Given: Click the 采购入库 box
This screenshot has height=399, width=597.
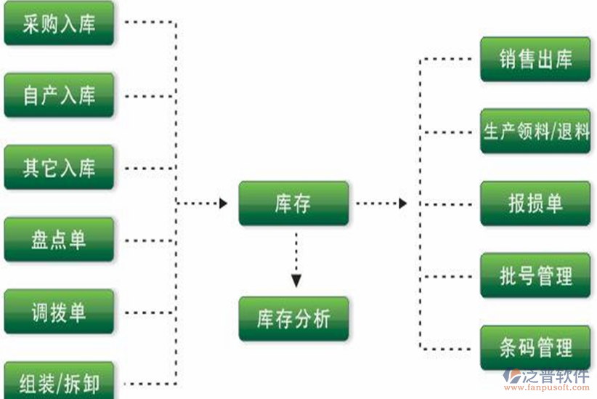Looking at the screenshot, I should pyautogui.click(x=59, y=23).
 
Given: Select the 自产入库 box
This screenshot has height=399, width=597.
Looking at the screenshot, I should pyautogui.click(x=59, y=95).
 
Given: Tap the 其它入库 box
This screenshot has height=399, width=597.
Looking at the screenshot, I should pyautogui.click(x=59, y=168).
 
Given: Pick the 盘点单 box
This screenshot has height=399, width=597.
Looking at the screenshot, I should pyautogui.click(x=59, y=240).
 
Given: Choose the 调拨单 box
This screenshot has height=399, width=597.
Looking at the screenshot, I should pyautogui.click(x=59, y=312).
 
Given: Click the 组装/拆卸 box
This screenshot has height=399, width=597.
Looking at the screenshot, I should pyautogui.click(x=59, y=381).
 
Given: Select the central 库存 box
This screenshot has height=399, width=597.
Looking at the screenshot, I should pyautogui.click(x=293, y=203).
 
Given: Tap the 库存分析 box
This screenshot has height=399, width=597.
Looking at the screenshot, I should pyautogui.click(x=293, y=319).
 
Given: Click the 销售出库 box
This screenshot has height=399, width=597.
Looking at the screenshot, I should pyautogui.click(x=535, y=60).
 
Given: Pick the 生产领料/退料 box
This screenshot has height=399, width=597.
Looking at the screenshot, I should pyautogui.click(x=535, y=132).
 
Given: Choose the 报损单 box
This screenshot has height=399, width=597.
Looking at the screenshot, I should pyautogui.click(x=535, y=203).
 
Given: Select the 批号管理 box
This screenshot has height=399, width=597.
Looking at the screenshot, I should pyautogui.click(x=535, y=275).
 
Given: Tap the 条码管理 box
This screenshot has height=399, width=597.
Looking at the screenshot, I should pyautogui.click(x=535, y=347).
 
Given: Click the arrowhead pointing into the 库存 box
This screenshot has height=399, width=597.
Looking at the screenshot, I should pyautogui.click(x=223, y=203).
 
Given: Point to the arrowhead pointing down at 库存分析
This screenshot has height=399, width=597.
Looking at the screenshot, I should pyautogui.click(x=295, y=280).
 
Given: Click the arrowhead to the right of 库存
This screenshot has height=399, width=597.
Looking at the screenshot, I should pyautogui.click(x=402, y=203).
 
